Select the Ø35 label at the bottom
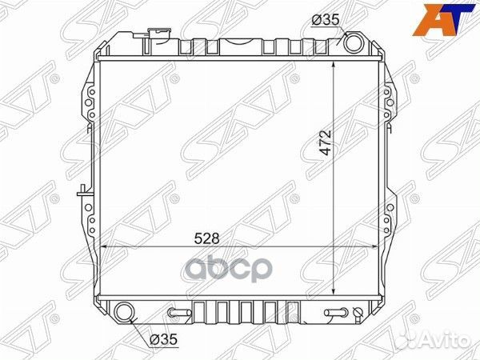click(x=163, y=339)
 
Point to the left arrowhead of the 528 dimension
click(x=100, y=246)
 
